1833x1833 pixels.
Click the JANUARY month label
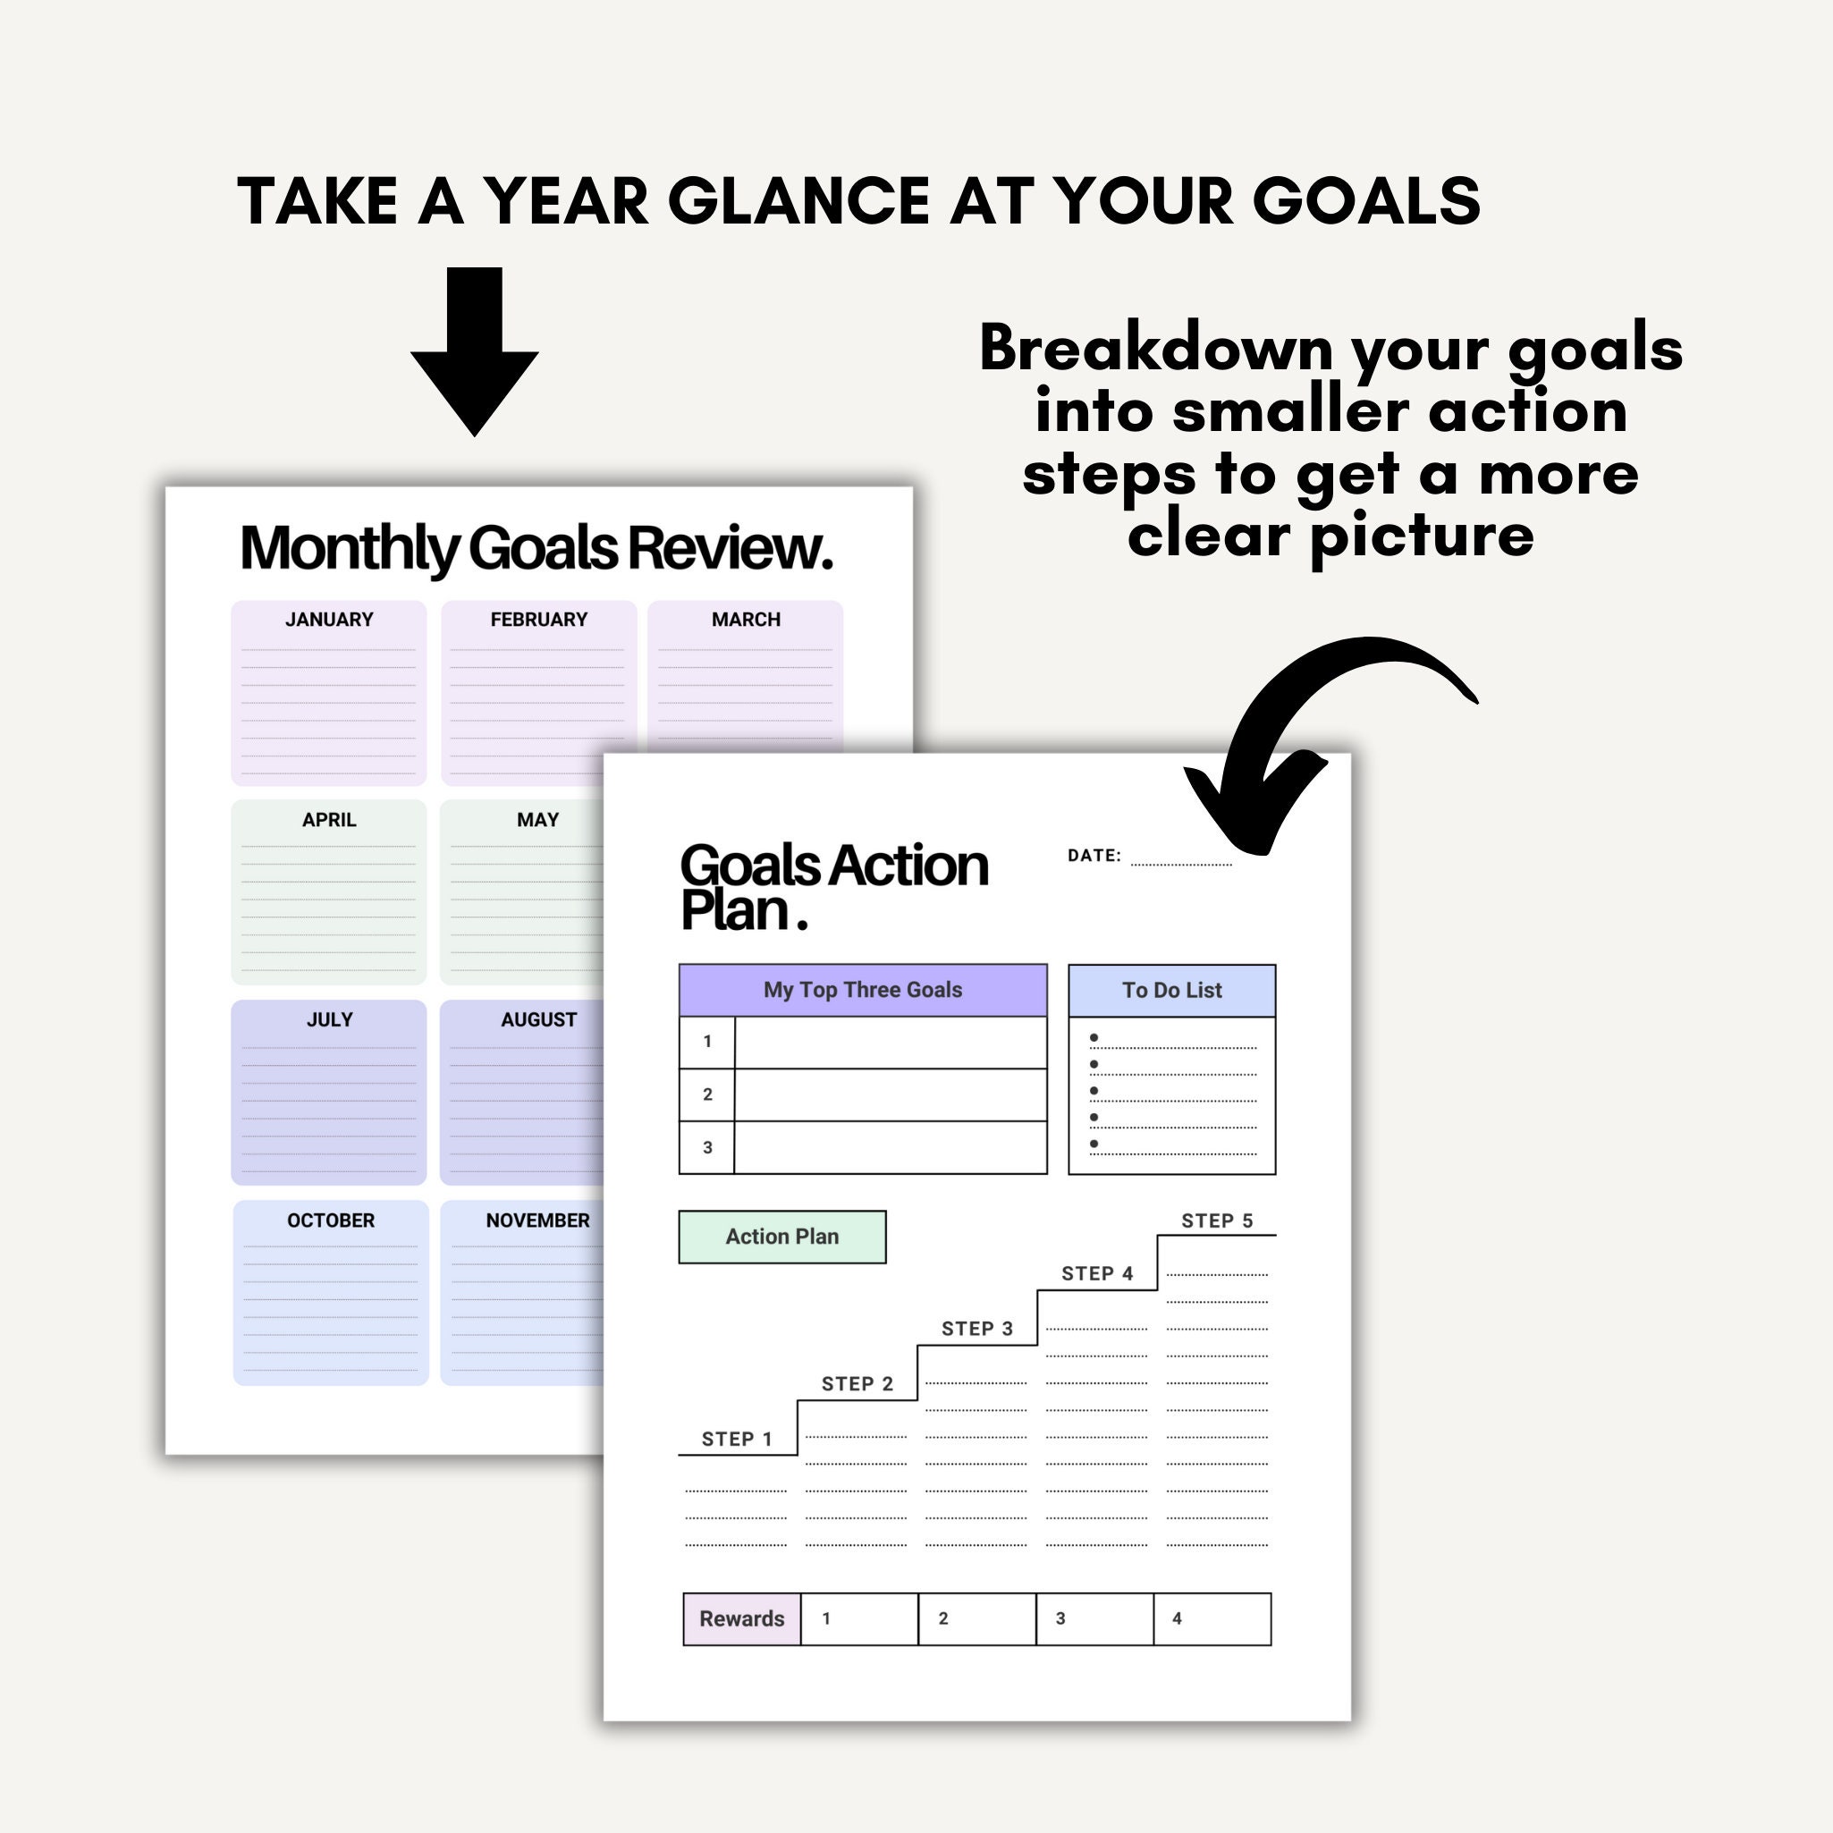tap(329, 620)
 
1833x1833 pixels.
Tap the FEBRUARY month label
tap(539, 620)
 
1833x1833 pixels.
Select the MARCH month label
tap(746, 620)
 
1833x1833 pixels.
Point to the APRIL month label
tap(329, 820)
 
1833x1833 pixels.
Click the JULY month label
tap(329, 1020)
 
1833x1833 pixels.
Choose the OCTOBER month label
tap(330, 1221)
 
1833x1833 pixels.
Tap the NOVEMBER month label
tap(537, 1221)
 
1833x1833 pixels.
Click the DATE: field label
tap(1094, 856)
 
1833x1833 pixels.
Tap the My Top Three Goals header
tap(863, 990)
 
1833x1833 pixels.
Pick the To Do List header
tap(1171, 991)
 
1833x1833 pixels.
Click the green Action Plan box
tap(781, 1237)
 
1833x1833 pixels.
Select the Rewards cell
tap(742, 1618)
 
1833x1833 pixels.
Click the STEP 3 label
tap(976, 1329)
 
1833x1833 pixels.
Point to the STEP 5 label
tap(1216, 1221)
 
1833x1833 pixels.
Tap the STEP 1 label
tap(736, 1440)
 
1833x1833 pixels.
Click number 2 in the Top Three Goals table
tap(707, 1094)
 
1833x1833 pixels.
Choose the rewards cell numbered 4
tap(1212, 1618)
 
